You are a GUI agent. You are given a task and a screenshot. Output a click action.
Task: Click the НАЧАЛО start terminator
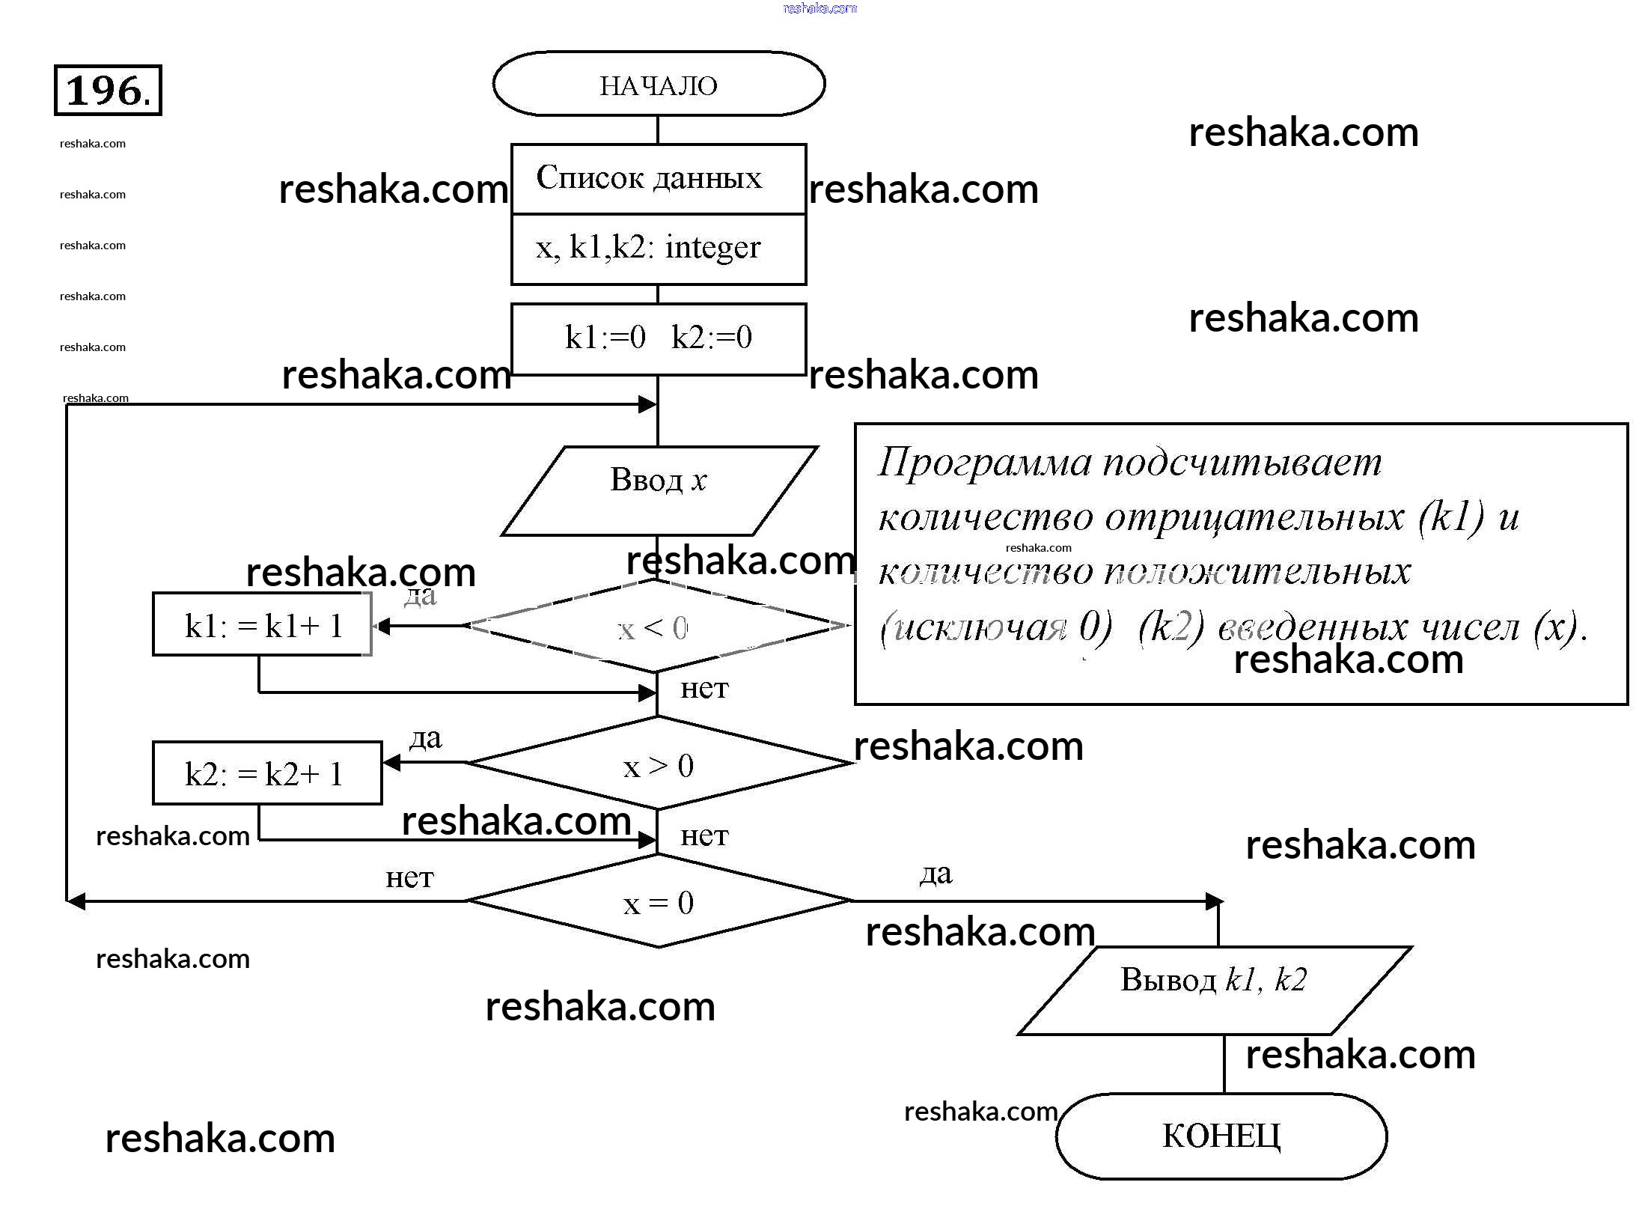tap(659, 85)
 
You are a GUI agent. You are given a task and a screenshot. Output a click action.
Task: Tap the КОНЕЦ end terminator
tap(1221, 1136)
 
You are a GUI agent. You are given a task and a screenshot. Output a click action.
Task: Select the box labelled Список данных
tap(659, 179)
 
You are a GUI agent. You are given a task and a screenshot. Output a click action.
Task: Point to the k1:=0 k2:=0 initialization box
tap(659, 338)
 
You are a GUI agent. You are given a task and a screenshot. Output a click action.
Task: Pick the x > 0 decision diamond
tap(659, 764)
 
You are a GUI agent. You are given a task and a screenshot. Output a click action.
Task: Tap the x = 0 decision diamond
tap(659, 903)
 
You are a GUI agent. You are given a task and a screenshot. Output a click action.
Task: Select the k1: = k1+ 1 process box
tap(263, 625)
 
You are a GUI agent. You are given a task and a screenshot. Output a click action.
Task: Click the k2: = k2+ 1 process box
tap(267, 773)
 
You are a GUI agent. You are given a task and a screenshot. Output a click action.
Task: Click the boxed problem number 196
tap(108, 91)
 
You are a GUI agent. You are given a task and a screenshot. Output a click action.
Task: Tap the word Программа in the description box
tap(984, 463)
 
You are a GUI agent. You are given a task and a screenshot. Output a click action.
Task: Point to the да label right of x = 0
tap(936, 874)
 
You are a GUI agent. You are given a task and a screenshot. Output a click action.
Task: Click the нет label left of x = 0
tap(409, 877)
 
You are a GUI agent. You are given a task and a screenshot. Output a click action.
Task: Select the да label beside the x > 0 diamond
tap(425, 739)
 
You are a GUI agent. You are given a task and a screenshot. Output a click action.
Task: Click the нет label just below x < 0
tap(704, 688)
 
